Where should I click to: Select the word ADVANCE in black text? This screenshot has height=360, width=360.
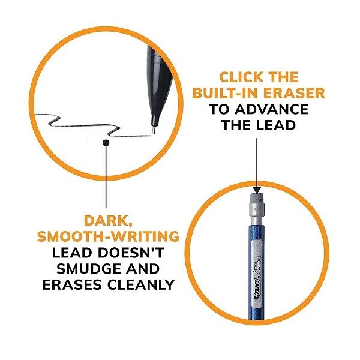click(271, 109)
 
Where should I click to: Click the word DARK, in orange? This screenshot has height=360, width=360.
click(107, 221)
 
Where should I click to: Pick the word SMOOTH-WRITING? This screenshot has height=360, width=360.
click(108, 236)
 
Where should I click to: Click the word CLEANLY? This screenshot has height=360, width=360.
click(141, 284)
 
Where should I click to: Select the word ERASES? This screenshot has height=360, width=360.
click(72, 284)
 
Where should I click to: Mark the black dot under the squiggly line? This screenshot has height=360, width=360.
click(106, 143)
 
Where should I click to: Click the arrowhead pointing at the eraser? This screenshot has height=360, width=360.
click(257, 190)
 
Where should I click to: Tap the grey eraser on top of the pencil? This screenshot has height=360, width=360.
click(257, 197)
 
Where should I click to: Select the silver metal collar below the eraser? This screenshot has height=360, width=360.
click(257, 214)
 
